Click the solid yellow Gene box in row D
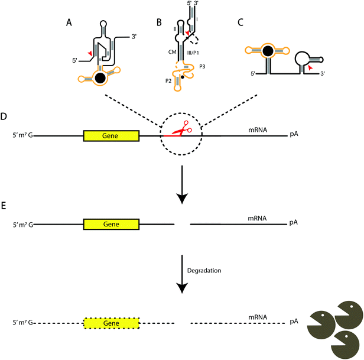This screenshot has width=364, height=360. (112, 135)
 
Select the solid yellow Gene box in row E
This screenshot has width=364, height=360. (112, 224)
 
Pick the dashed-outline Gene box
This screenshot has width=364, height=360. (112, 323)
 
